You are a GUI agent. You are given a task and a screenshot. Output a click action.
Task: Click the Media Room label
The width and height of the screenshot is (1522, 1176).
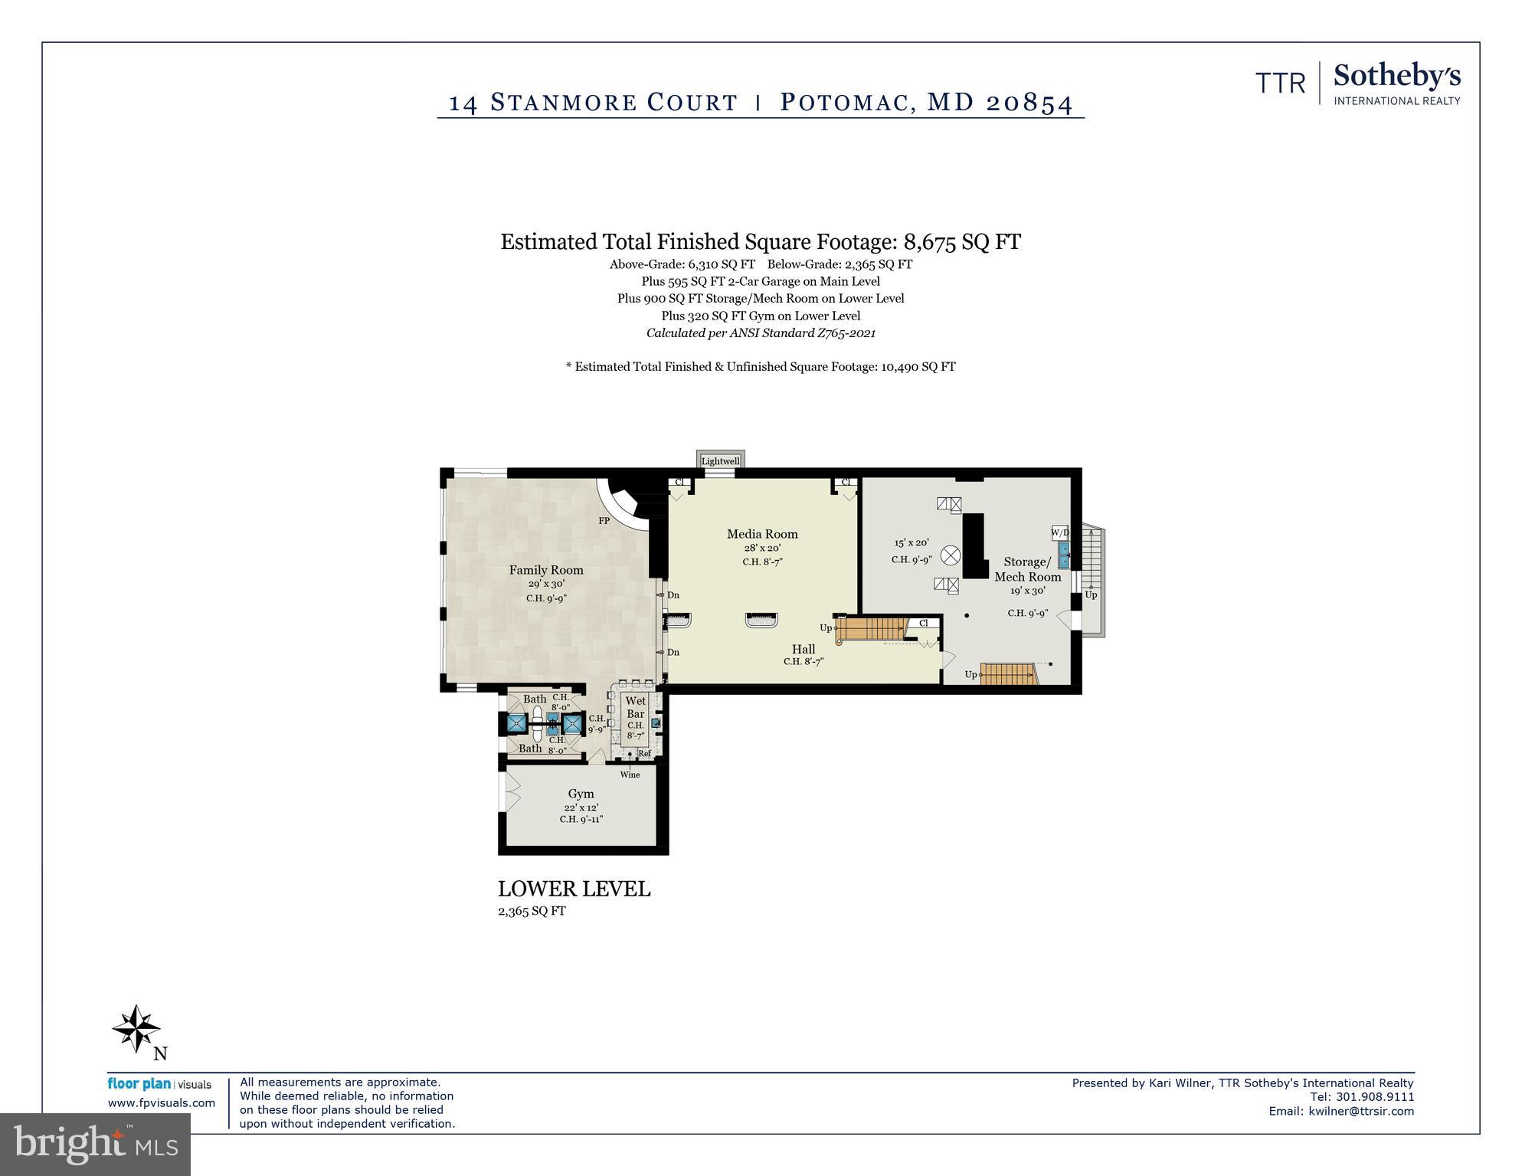[761, 534]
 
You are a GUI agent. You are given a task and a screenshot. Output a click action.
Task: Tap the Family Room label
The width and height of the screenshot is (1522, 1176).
[546, 570]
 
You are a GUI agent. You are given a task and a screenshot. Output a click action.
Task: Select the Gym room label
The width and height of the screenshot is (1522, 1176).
[581, 794]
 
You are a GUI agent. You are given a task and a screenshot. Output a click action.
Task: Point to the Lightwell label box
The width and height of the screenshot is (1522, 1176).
[720, 461]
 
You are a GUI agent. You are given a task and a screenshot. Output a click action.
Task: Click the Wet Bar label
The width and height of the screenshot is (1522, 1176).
[635, 707]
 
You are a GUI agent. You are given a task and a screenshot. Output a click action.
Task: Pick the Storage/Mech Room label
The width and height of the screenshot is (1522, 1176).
[1027, 569]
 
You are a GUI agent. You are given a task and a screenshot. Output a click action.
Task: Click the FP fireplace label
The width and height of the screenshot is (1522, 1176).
[604, 521]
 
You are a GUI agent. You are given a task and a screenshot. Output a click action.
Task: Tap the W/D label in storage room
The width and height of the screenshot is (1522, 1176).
[1060, 532]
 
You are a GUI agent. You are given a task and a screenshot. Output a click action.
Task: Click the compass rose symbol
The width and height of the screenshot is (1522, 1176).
[136, 1028]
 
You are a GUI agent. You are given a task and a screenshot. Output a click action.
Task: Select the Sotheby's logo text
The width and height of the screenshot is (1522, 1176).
[1396, 77]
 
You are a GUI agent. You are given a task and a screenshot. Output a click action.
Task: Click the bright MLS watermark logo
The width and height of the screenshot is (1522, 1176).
[95, 1145]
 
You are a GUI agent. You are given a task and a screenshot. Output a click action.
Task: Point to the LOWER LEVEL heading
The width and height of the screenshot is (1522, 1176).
[574, 889]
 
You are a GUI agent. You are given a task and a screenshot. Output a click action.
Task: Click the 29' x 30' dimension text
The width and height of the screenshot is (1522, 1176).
[546, 584]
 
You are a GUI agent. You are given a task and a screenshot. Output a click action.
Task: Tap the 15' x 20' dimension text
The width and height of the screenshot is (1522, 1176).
[912, 542]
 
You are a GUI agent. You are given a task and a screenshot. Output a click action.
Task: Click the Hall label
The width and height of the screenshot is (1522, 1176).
[803, 649]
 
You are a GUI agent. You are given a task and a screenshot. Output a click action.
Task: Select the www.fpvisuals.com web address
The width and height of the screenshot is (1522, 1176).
[161, 1103]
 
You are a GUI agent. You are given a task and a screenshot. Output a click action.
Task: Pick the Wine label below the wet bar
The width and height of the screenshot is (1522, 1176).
[630, 775]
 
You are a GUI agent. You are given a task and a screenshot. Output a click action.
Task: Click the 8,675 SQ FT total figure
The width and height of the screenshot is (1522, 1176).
[962, 242]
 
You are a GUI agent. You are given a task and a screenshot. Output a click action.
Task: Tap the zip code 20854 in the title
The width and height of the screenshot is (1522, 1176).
[1029, 103]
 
